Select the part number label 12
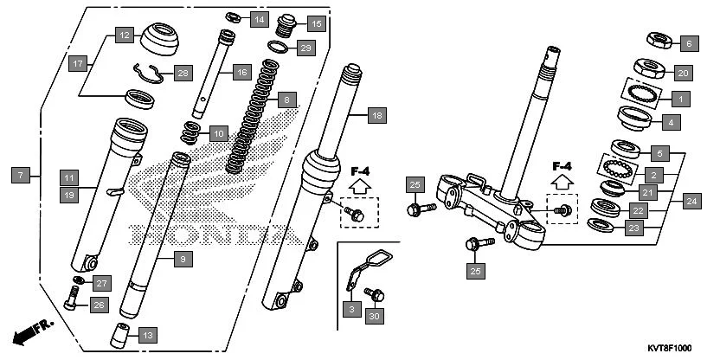pyautogui.click(x=125, y=36)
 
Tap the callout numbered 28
pyautogui.click(x=182, y=74)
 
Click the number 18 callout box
pyautogui.click(x=375, y=115)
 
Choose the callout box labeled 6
pyautogui.click(x=689, y=42)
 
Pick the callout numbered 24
pyautogui.click(x=690, y=201)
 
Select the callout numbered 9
pyautogui.click(x=181, y=259)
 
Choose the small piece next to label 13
pyautogui.click(x=122, y=333)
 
